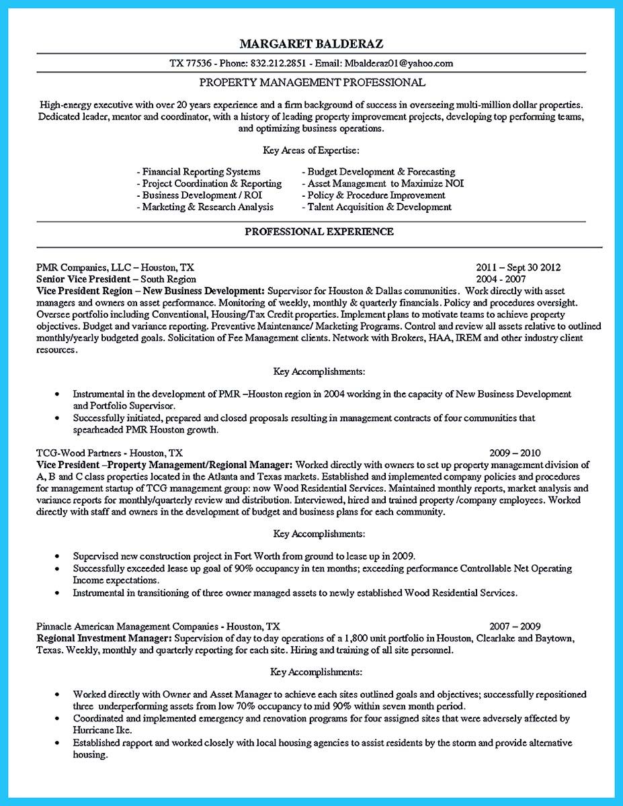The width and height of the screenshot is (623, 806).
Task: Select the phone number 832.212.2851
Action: [278, 64]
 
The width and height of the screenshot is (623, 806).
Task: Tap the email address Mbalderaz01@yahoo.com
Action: [399, 64]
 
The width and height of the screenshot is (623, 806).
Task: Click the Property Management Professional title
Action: [312, 83]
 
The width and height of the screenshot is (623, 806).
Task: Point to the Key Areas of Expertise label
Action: [311, 150]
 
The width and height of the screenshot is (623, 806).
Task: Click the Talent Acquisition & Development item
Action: [379, 207]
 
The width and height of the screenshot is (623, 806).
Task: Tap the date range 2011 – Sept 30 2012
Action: [517, 267]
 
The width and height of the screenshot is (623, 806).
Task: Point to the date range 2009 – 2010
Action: [515, 453]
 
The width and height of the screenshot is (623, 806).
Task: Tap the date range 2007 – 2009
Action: [515, 626]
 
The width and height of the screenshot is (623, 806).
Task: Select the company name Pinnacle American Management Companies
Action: [126, 626]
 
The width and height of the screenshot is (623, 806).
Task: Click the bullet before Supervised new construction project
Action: [57, 557]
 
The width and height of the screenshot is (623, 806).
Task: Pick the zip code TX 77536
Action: [190, 64]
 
